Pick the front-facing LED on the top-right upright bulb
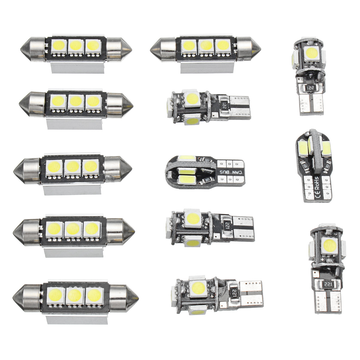click(x=310, y=53)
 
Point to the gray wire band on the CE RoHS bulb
click(x=315, y=150)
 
